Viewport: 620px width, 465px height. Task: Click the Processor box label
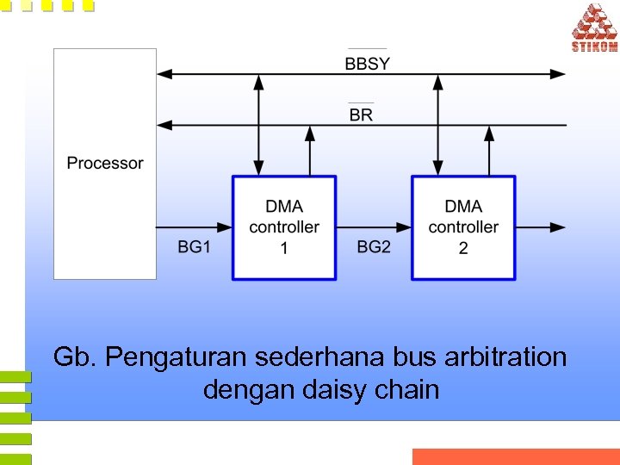pos(105,163)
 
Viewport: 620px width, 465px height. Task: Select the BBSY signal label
pos(367,63)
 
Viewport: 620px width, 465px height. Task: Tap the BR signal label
pos(362,115)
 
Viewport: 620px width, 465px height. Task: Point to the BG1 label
pos(194,247)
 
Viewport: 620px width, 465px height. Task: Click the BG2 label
pos(374,247)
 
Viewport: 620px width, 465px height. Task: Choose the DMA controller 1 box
pos(284,227)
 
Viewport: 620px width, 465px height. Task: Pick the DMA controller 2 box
pos(463,227)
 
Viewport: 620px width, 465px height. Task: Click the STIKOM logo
pos(594,28)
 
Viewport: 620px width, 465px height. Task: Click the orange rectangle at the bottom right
pos(516,456)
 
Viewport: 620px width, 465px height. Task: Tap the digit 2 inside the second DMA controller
pos(463,249)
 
